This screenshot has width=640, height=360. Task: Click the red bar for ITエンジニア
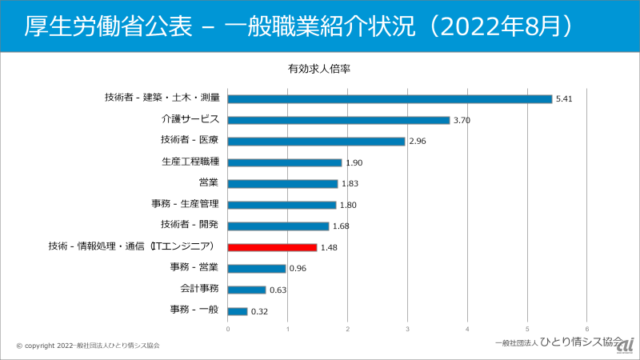point(272,247)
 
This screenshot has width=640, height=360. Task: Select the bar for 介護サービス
point(338,120)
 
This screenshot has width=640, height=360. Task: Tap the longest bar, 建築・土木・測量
point(390,98)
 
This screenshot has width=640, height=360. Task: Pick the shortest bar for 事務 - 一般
point(238,311)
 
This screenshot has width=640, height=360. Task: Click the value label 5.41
point(565,99)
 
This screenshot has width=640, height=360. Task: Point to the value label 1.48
point(330,248)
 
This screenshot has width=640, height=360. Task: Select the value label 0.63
point(278,290)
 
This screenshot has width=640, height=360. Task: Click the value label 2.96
point(418,142)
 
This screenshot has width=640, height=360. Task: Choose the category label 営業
point(208,183)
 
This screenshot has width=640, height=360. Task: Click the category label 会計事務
point(199,290)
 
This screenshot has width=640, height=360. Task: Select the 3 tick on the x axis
point(408,329)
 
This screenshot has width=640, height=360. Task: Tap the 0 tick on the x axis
point(228,329)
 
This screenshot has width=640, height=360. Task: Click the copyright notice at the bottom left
point(88,346)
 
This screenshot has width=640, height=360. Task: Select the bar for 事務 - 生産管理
point(282,205)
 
